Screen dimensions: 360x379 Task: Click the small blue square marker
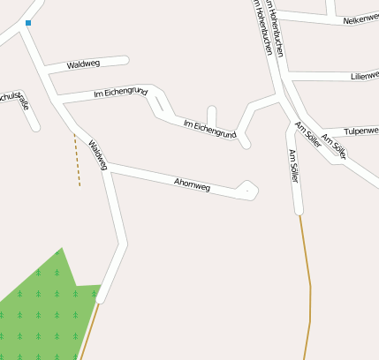tap(28, 24)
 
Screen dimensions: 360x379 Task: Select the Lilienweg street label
tap(363, 77)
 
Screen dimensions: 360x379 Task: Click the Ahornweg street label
tap(193, 184)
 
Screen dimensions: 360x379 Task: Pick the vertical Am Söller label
tap(295, 166)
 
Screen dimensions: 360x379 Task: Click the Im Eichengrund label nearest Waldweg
tap(120, 92)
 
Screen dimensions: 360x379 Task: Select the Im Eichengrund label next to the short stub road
tap(209, 130)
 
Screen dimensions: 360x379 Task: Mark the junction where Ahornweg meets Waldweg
tap(107, 167)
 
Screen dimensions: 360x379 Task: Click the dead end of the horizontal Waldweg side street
tap(125, 61)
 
